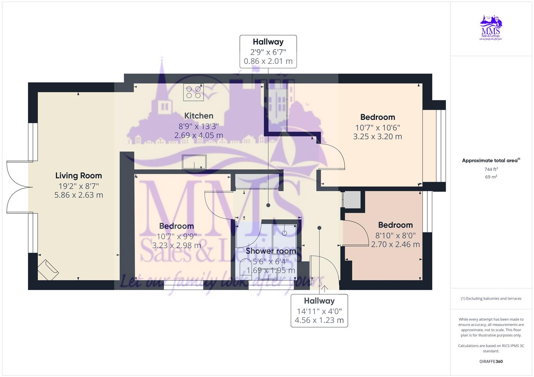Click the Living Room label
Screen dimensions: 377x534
78,176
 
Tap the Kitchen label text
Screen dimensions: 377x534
199,116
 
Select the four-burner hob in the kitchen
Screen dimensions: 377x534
193,92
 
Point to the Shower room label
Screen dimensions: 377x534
271,251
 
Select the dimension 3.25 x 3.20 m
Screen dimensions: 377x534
377,136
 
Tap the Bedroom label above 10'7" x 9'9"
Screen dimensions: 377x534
176,226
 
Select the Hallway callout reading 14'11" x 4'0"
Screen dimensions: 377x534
319,311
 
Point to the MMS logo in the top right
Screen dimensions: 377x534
491,27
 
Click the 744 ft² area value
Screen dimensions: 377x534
491,169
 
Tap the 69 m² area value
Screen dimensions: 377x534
491,177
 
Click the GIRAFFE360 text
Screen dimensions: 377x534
491,361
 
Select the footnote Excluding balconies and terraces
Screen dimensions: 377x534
491,298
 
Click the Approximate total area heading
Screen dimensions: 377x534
490,161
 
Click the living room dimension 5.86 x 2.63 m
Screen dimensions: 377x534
78,195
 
